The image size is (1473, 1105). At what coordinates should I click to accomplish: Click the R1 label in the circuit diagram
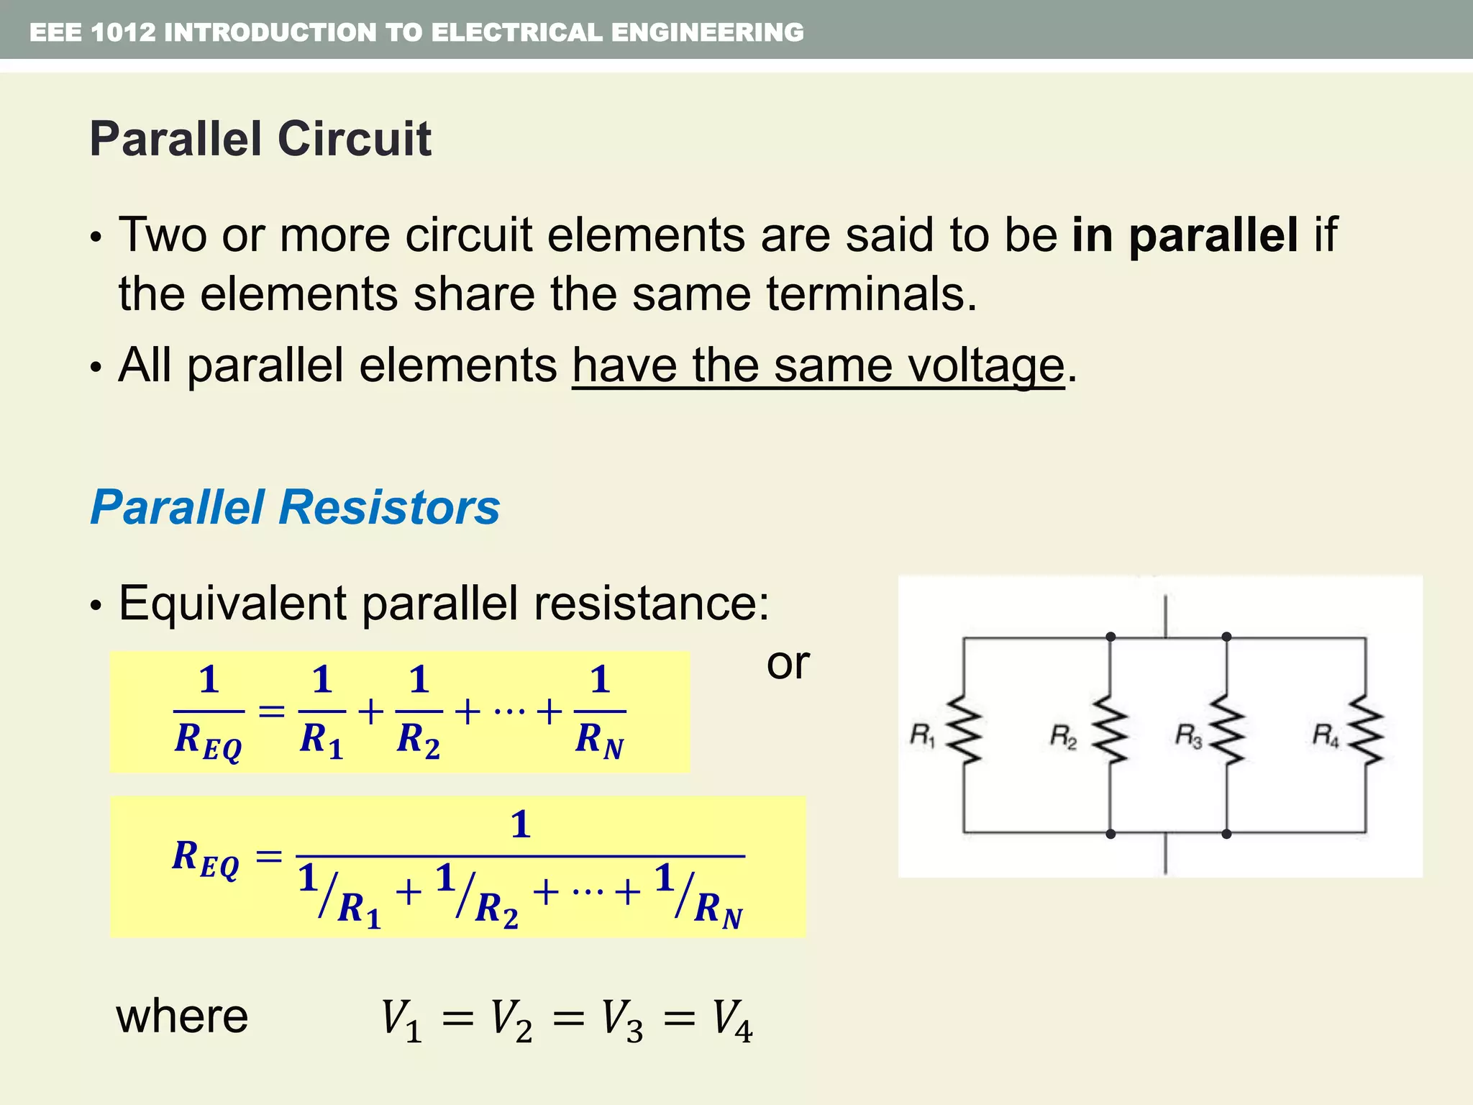pos(921,736)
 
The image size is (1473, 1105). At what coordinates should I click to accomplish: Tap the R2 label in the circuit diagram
pos(1063,737)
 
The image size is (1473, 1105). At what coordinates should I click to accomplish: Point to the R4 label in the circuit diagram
pos(1325,736)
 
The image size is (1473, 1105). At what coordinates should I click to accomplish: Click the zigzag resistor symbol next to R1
pos(964,729)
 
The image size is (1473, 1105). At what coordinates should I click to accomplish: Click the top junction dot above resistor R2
pos(1111,637)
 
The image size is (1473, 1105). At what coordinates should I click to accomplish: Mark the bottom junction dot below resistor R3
pos(1226,834)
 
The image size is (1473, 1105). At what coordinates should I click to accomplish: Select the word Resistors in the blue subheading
pos(388,507)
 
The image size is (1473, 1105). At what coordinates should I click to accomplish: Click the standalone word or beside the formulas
pos(788,663)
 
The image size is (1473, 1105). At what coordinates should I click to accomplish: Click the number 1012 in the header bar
pos(123,32)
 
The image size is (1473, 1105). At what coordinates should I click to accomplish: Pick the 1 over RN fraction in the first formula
pos(600,711)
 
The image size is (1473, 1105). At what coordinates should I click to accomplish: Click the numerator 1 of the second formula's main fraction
pos(520,824)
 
